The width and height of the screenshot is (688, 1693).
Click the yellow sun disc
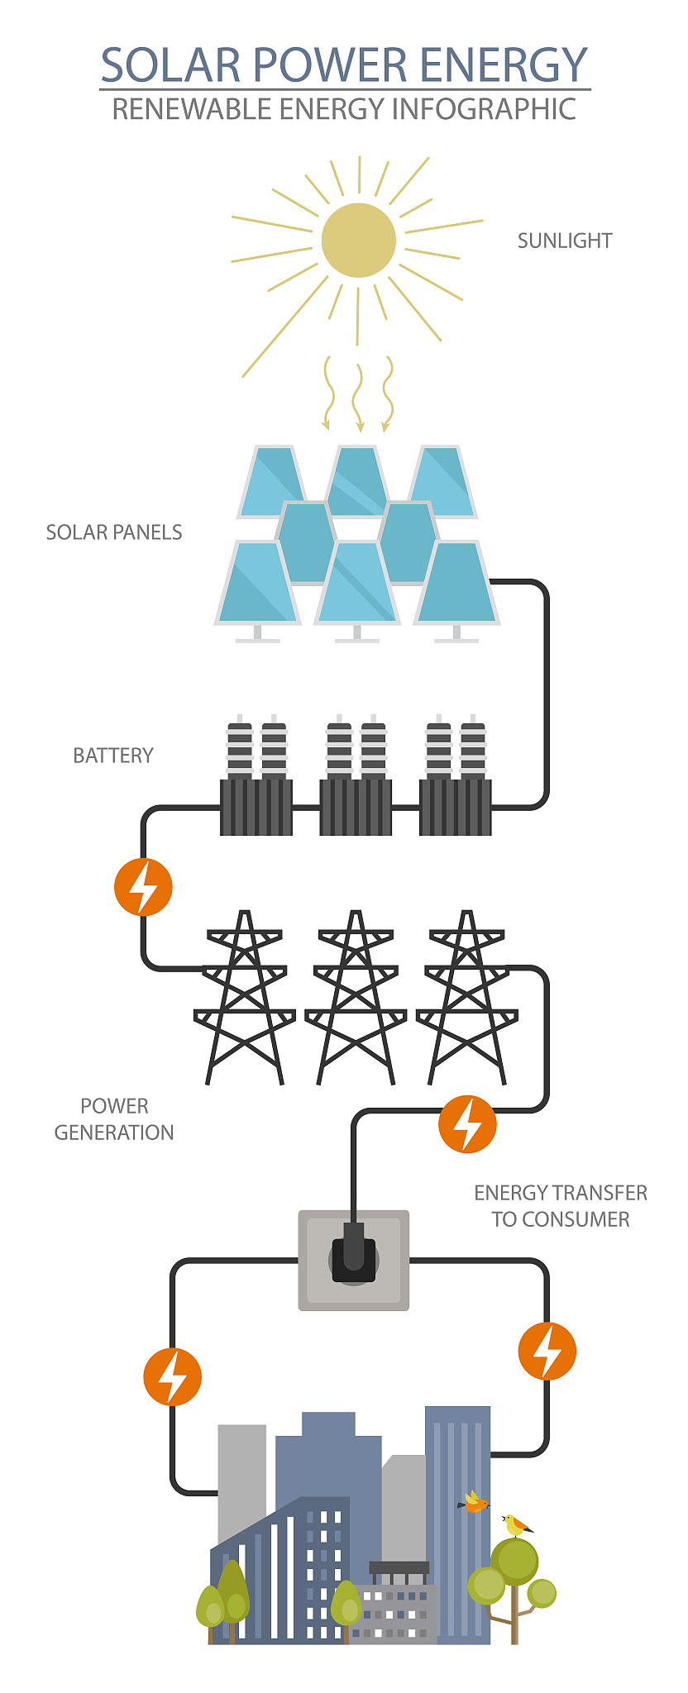(x=358, y=240)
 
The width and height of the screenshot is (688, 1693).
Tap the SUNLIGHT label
(x=565, y=241)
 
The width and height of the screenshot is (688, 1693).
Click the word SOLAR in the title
(x=170, y=64)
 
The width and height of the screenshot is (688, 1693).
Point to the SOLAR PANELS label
(x=114, y=532)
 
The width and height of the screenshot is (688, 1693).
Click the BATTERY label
(x=113, y=756)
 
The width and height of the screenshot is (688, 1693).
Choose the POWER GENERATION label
(x=114, y=1119)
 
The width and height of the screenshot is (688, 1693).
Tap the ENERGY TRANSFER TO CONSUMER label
(x=561, y=1206)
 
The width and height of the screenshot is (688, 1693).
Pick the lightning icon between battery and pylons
(x=143, y=887)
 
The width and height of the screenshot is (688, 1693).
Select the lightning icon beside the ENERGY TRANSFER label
(x=467, y=1124)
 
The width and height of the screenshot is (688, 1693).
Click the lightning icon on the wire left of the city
(x=172, y=1377)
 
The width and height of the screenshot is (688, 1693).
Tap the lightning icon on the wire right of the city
(x=547, y=1351)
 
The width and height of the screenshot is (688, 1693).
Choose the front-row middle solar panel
(x=357, y=583)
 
